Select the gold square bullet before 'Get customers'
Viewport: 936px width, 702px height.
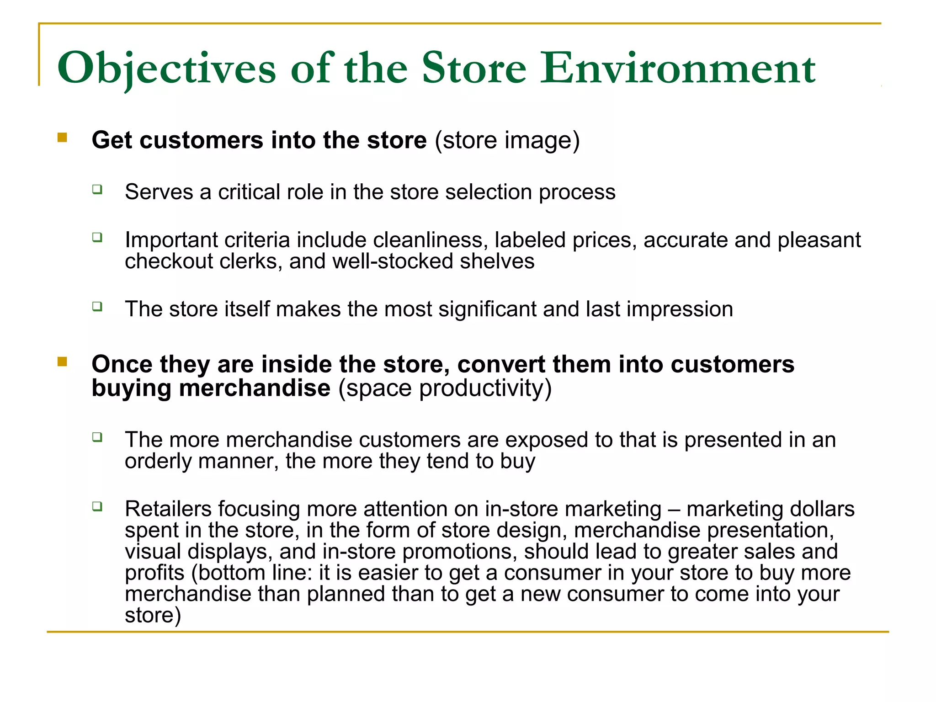click(x=62, y=138)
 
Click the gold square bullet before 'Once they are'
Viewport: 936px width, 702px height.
click(x=62, y=362)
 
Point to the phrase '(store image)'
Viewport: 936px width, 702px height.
click(x=507, y=140)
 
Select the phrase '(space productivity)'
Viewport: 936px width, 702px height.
click(x=445, y=388)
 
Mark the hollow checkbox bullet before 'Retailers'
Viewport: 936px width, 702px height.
click(x=97, y=506)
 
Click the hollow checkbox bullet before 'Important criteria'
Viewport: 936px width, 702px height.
click(x=97, y=237)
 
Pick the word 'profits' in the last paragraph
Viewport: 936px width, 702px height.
click(x=154, y=573)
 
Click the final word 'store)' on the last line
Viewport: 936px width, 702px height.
click(x=153, y=615)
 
